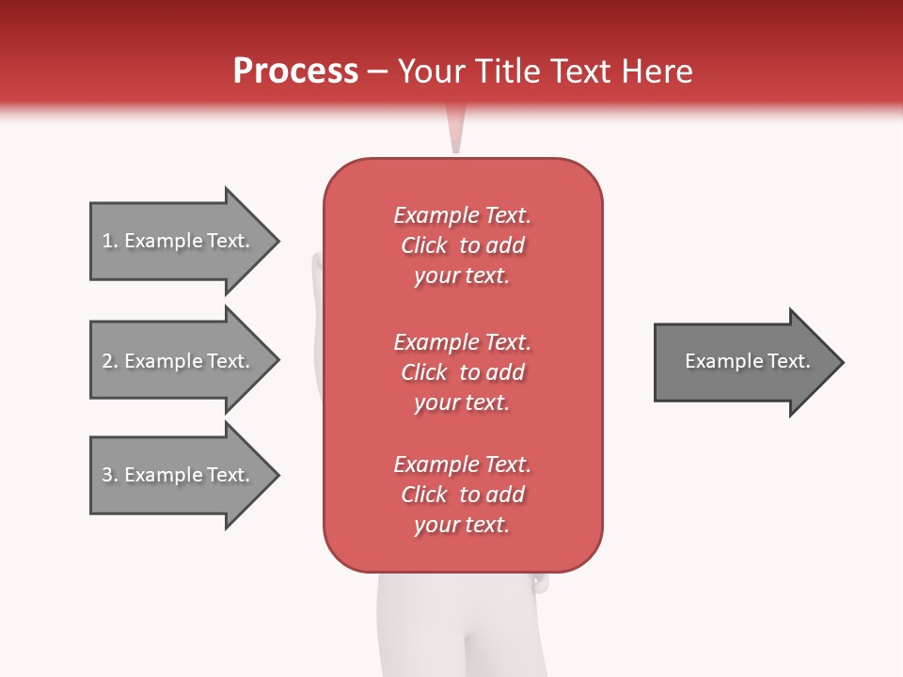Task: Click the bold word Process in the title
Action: click(295, 71)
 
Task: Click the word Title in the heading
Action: click(509, 71)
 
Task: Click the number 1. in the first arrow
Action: click(110, 241)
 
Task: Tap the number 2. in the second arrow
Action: click(110, 361)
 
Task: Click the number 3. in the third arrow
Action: click(110, 475)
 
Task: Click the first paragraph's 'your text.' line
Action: click(462, 276)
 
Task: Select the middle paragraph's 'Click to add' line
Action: click(462, 372)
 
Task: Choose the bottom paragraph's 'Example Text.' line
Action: click(462, 464)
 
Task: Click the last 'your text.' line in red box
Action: click(462, 525)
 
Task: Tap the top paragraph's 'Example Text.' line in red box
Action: click(462, 215)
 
